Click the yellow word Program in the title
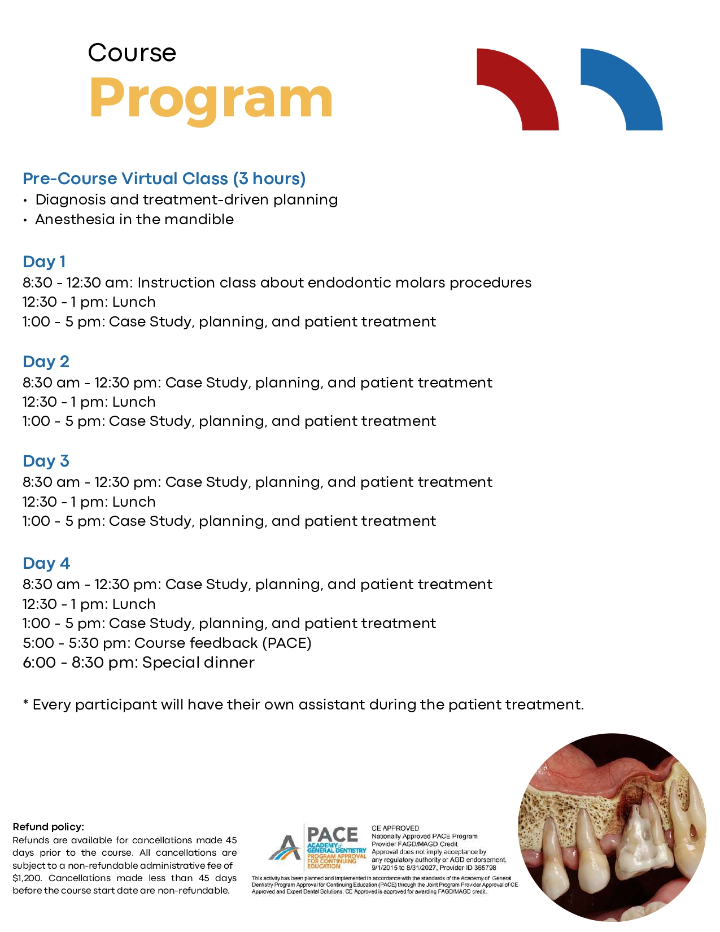click(x=211, y=98)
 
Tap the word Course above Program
click(x=132, y=53)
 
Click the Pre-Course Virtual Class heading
click(x=164, y=178)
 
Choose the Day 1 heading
click(x=44, y=262)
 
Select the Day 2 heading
click(x=46, y=362)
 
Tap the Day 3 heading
click(x=46, y=461)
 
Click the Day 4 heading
click(x=46, y=563)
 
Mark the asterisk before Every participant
click(x=25, y=703)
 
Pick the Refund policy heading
click(x=48, y=827)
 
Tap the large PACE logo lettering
click(x=333, y=835)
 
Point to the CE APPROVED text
click(x=395, y=828)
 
